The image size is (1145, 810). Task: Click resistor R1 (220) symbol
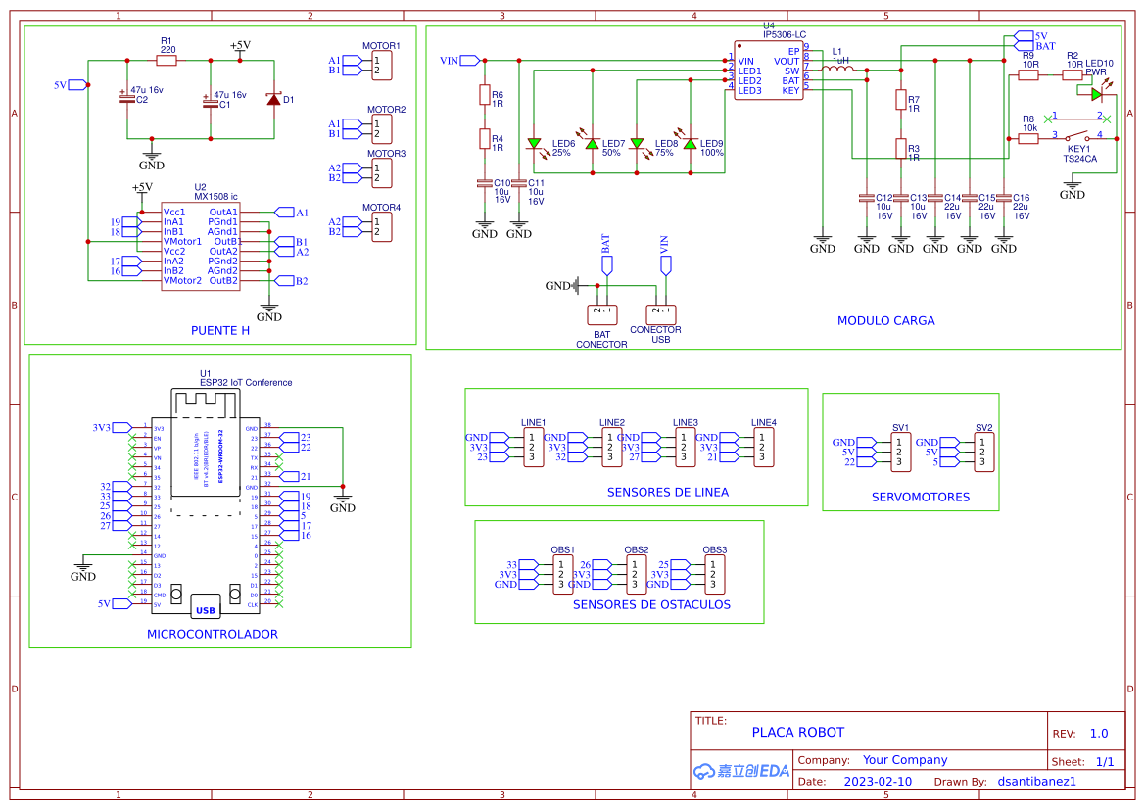coord(167,61)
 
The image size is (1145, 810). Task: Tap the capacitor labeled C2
coord(126,98)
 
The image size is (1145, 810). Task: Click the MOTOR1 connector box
coord(381,66)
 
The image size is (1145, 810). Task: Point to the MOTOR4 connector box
coord(381,227)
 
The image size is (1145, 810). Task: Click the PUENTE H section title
coord(220,331)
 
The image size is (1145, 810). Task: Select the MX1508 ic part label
coord(215,197)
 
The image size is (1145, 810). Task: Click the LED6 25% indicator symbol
coord(535,144)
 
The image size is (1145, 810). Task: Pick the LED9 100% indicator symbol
coord(690,144)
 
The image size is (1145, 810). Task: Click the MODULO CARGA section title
coord(885,320)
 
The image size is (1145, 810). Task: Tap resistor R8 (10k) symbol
coord(1027,139)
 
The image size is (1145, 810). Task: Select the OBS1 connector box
coord(562,574)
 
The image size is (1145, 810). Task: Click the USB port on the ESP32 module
coord(206,608)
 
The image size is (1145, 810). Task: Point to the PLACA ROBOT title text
coord(797,733)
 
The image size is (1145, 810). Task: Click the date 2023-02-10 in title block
coord(878,782)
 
